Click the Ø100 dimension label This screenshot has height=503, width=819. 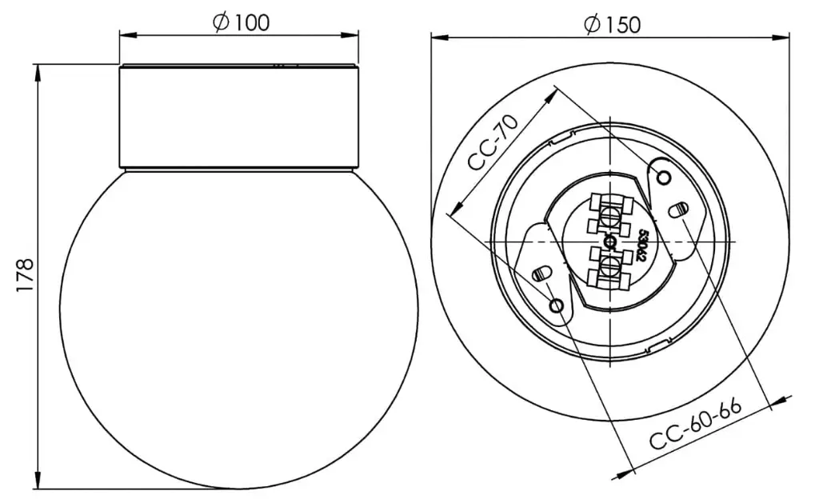tap(242, 23)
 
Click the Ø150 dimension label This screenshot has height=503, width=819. tap(613, 25)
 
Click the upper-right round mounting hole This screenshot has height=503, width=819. tap(664, 176)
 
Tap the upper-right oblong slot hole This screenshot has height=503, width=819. tap(677, 210)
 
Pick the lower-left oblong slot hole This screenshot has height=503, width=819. tap(541, 273)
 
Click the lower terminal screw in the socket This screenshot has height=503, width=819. tap(609, 266)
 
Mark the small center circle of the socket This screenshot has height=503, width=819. tap(609, 242)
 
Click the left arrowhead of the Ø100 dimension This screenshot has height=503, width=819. tap(126, 34)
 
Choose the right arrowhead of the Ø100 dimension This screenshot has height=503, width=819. tap(352, 34)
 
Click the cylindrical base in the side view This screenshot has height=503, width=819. tap(239, 117)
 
